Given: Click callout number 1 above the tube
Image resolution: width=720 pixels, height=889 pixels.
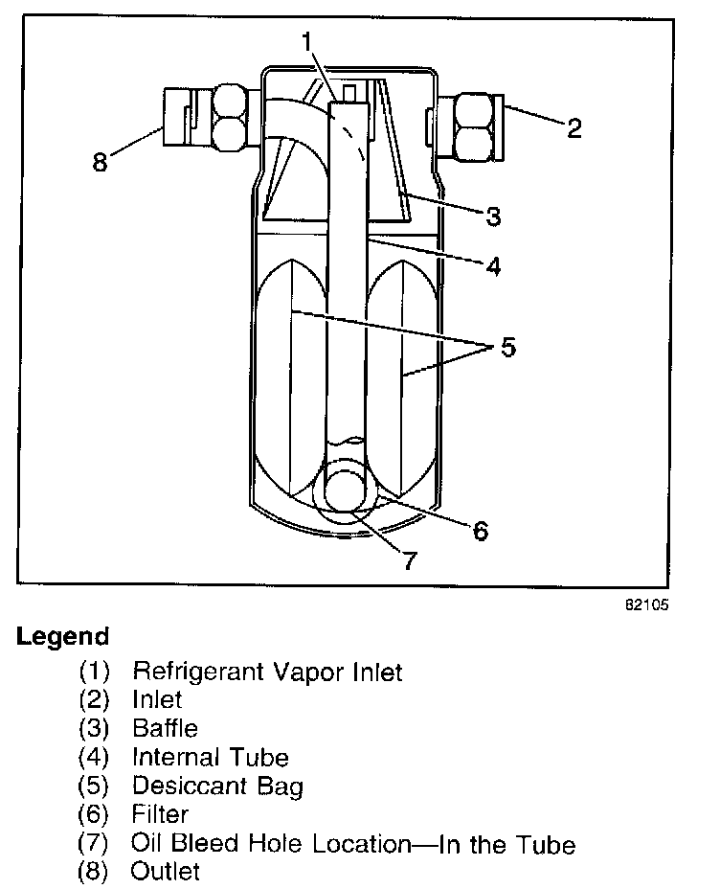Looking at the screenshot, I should click(x=306, y=42).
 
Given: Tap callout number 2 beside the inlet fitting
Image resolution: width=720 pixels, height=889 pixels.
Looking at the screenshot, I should click(x=574, y=127).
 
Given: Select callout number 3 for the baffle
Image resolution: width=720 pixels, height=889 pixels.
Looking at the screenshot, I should click(x=493, y=217).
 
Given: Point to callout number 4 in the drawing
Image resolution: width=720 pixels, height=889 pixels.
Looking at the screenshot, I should click(x=493, y=266).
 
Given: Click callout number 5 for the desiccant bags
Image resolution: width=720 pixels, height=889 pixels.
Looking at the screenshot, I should click(x=506, y=346).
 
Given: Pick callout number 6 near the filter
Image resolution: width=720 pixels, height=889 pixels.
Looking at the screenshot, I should click(x=480, y=529).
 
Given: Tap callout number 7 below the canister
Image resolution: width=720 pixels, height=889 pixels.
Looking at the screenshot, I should click(x=409, y=560).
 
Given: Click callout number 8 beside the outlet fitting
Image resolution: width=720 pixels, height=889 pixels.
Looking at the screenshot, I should click(x=101, y=162).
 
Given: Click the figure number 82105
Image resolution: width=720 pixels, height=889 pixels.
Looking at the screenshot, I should click(x=647, y=605).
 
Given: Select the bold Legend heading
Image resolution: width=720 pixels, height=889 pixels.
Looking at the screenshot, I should click(x=62, y=636).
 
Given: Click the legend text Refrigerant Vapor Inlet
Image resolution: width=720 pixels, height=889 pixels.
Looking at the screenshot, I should click(x=267, y=672).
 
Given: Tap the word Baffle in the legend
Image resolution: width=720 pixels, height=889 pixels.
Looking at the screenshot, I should click(x=165, y=729).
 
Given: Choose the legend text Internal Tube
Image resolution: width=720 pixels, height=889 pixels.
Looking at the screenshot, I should click(x=210, y=758).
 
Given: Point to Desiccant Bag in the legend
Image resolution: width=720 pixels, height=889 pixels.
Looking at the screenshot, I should click(x=217, y=786).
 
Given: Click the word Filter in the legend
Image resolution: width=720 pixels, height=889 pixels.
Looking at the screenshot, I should click(x=160, y=815).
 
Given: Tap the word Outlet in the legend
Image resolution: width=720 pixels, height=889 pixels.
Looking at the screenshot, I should click(x=166, y=872).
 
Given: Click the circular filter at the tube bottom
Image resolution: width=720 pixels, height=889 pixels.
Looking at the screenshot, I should click(x=350, y=490).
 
